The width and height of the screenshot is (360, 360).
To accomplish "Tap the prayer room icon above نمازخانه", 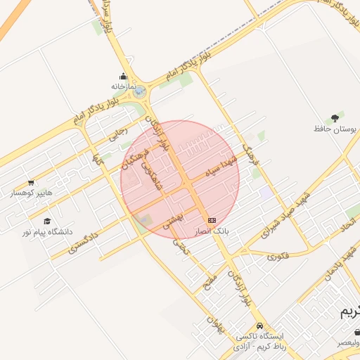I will click(x=123, y=76).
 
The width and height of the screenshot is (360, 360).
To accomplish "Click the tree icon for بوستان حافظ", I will click(x=333, y=118).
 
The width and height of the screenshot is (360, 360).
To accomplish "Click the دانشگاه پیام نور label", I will click(x=46, y=231).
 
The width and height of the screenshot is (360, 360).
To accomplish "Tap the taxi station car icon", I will click(x=260, y=326).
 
